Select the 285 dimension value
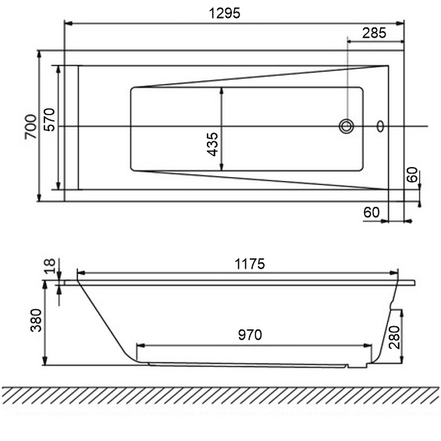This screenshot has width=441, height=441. coord(375,33)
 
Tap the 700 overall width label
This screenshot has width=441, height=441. coord(30,126)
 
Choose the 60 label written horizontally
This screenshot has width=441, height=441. coord(372,212)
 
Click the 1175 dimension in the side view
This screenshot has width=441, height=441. coord(248,264)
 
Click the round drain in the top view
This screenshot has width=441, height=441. coord(346,126)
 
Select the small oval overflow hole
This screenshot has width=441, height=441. coord(380,126)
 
